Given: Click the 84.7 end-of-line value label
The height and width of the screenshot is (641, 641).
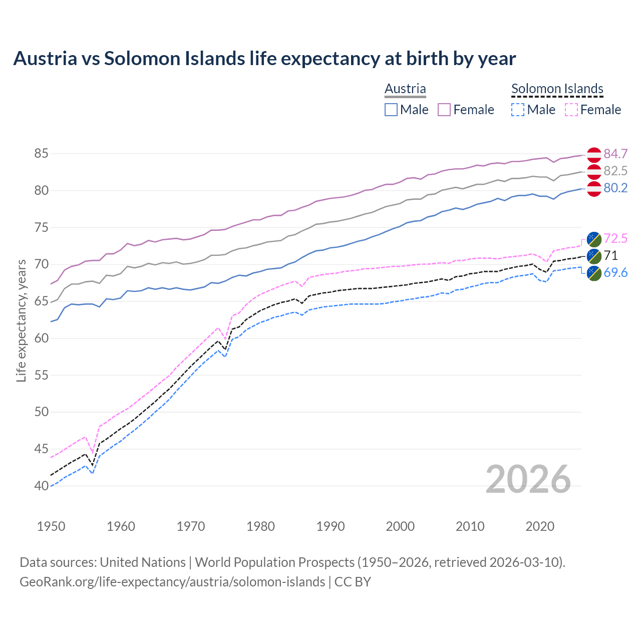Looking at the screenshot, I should (615, 154).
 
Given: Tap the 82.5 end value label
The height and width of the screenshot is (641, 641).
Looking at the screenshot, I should (615, 171).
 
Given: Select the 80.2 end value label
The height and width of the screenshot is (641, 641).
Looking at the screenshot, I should (615, 188).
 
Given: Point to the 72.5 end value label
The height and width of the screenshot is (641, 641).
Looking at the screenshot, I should (615, 238).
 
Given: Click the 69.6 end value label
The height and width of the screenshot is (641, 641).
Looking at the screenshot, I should (615, 272).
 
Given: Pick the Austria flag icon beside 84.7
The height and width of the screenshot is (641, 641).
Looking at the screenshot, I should (593, 154).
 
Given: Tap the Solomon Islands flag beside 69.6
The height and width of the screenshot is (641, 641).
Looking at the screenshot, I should (593, 273).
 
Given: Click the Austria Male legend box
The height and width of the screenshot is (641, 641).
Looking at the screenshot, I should (391, 110).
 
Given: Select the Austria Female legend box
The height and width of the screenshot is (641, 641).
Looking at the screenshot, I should (445, 110).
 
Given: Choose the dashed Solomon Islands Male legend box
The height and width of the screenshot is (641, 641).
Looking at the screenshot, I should (518, 110).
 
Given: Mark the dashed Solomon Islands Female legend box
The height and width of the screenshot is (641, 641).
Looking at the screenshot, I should (571, 110).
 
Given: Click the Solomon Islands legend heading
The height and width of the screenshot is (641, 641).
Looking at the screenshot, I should (557, 89).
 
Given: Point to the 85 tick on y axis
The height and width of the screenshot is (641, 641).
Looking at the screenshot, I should (41, 154).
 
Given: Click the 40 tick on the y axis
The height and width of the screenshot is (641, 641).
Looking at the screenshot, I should (41, 486).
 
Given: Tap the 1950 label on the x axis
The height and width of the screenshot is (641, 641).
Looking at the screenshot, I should (51, 526).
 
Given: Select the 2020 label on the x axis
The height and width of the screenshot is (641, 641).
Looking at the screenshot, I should (540, 526).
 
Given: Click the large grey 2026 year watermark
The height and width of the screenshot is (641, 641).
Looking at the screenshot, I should (528, 480).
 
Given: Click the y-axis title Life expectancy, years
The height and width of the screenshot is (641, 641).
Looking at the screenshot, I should (21, 320).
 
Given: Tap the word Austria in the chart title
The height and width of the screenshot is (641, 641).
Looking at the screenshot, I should (46, 59).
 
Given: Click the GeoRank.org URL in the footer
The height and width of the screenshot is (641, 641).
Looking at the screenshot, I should (172, 582).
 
